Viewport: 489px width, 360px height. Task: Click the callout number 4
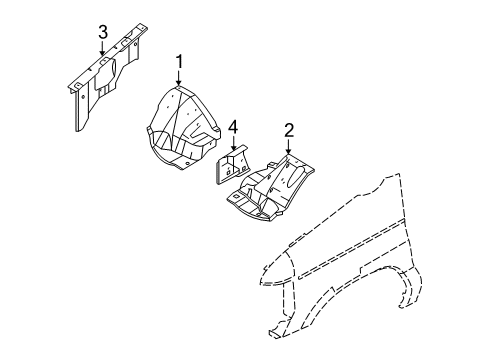coord(232,127)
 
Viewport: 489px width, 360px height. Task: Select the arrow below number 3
coord(102,56)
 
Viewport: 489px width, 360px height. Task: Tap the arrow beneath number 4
coord(232,145)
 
